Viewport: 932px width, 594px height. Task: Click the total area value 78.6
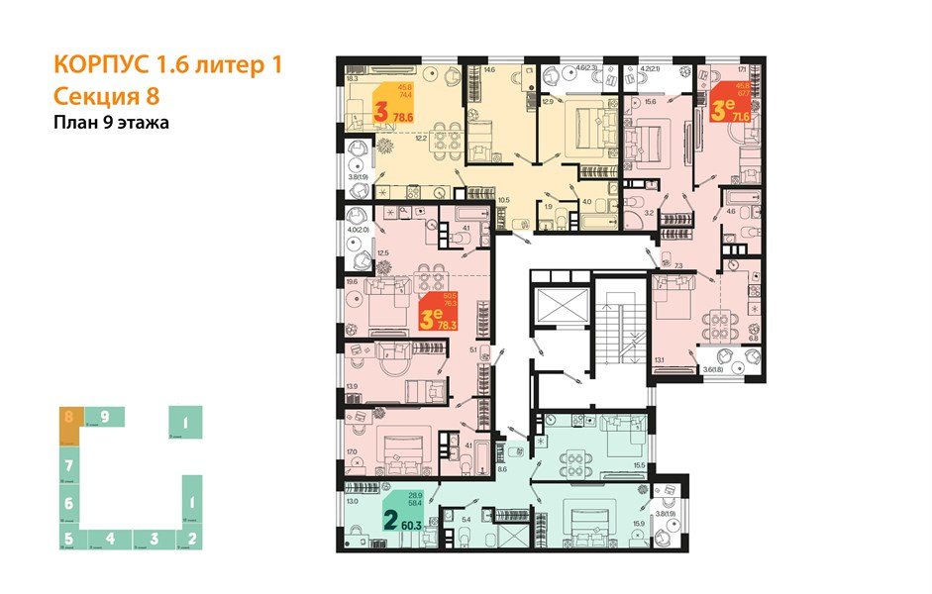click(403, 117)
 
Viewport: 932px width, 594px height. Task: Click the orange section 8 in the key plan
click(68, 417)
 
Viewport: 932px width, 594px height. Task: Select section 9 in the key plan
click(103, 417)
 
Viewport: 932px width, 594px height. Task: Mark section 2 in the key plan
click(191, 539)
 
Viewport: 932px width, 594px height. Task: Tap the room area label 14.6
click(489, 70)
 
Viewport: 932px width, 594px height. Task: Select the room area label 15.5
click(638, 465)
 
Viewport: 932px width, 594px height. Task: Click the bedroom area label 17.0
click(352, 454)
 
